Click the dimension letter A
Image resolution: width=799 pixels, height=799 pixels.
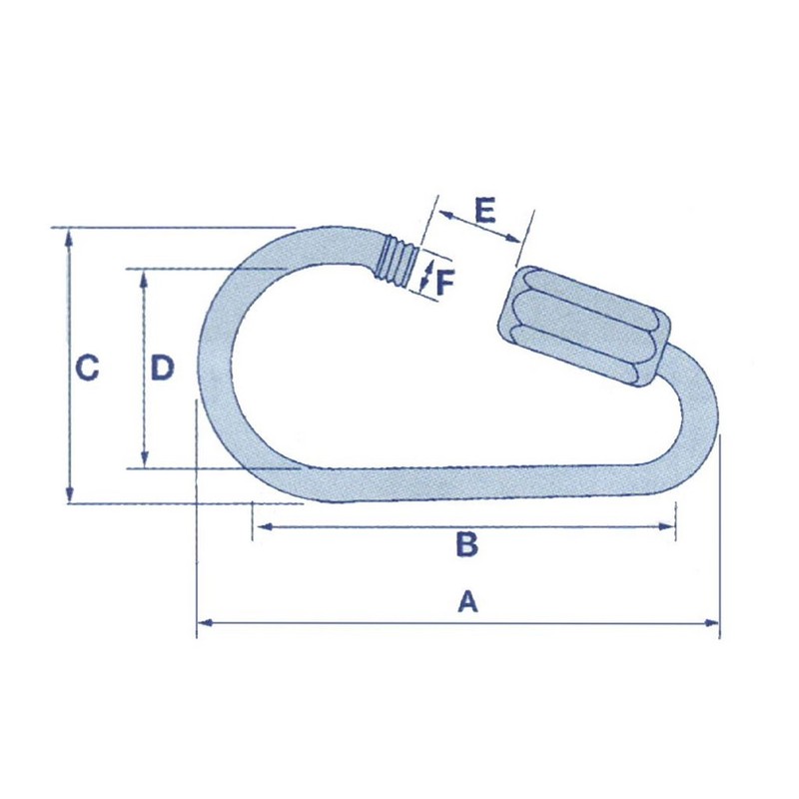click(467, 602)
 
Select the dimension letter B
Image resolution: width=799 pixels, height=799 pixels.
click(467, 545)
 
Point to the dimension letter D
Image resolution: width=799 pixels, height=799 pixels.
click(162, 369)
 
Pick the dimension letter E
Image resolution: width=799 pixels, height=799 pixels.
click(484, 210)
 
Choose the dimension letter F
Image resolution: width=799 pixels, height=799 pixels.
click(445, 282)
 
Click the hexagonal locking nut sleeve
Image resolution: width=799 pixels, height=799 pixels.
click(583, 327)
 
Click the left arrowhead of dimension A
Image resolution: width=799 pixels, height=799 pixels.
click(203, 623)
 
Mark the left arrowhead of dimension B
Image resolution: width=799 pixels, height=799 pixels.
click(259, 527)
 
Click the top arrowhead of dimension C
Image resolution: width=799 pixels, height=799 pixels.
click(69, 236)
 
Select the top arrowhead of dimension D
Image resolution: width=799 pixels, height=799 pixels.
click(146, 276)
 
